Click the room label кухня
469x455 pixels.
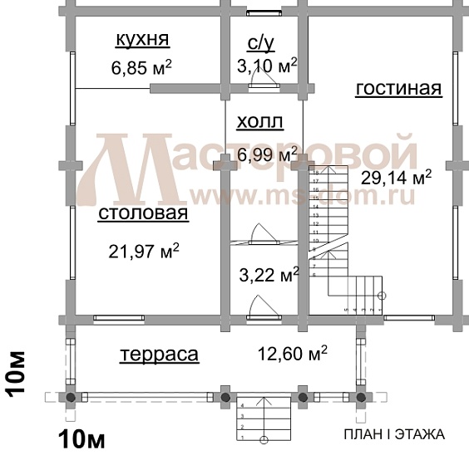click(141, 39)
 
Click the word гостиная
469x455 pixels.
click(398, 88)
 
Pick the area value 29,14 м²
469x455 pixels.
click(397, 177)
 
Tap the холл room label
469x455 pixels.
click(260, 123)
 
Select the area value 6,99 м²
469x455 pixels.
click(267, 154)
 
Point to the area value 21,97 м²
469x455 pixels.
click(145, 250)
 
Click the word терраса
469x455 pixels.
click(159, 355)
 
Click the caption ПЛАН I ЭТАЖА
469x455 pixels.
click(394, 433)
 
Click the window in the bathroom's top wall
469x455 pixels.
click(264, 12)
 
